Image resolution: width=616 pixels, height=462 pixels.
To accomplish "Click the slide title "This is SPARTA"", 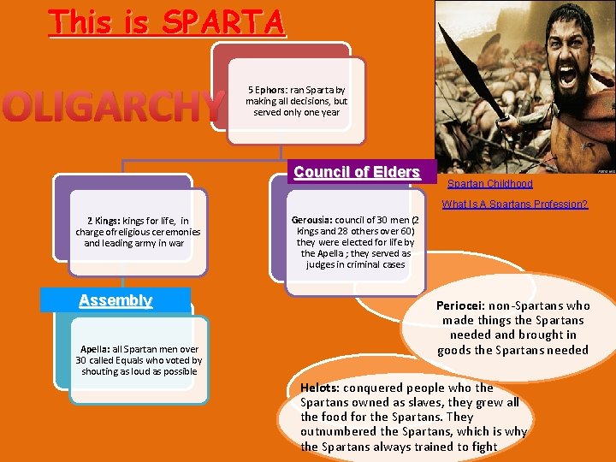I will click(167, 21).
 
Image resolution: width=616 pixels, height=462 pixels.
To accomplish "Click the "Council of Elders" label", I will click(357, 172).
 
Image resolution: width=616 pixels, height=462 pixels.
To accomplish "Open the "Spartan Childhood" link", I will click(489, 184).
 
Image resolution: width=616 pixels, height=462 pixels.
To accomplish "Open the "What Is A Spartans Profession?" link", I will click(514, 204).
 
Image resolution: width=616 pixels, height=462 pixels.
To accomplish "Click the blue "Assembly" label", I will click(115, 300).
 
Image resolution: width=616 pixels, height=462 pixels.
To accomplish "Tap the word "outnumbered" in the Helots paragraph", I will click(338, 432).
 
